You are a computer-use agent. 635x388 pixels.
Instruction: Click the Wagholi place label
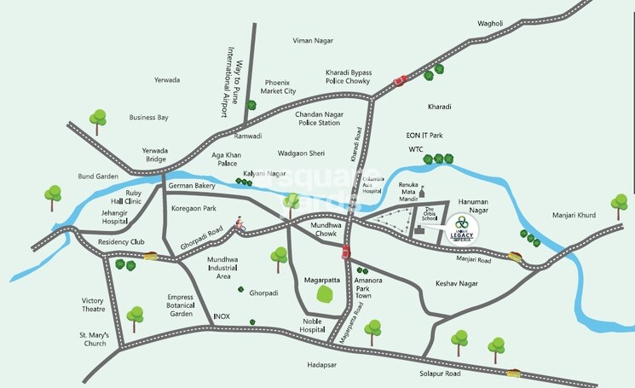tap(491, 23)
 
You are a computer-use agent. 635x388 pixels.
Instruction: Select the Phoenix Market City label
tap(280, 87)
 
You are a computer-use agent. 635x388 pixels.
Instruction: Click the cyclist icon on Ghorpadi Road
tap(242, 225)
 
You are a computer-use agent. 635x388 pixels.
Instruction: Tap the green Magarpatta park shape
tap(325, 295)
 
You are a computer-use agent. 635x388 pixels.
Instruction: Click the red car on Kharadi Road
tap(346, 251)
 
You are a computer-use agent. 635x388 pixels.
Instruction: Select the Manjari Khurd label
tap(574, 215)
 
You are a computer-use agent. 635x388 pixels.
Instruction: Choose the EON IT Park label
tap(424, 136)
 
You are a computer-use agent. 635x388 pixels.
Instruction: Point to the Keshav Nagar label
tap(455, 282)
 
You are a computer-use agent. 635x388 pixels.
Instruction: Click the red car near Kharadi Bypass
tap(398, 82)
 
